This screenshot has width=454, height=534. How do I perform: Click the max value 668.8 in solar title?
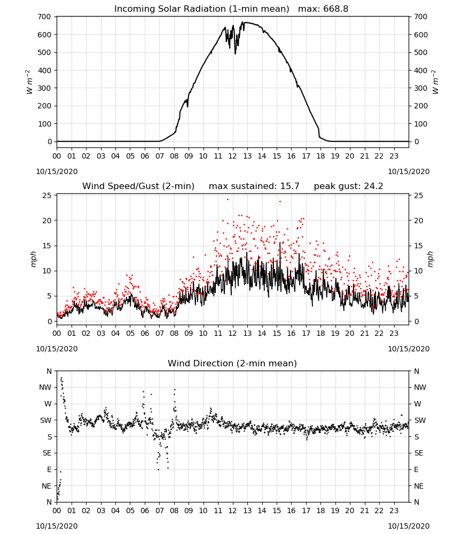335,9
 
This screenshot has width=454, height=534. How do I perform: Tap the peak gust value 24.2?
372,186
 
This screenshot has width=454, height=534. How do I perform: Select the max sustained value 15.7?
290,186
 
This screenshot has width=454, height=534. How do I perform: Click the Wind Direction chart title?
232,363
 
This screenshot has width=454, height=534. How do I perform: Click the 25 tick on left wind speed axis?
47,195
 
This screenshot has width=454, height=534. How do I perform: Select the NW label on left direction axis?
45,388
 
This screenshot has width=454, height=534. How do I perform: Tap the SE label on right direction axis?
419,453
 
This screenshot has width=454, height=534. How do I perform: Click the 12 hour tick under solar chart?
232,156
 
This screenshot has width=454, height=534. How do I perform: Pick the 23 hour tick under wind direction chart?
394,511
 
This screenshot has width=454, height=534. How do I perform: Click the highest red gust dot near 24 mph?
228,199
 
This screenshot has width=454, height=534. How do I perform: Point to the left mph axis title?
33,259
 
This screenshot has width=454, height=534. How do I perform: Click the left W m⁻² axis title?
29,82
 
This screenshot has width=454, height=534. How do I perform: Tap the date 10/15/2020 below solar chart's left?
57,171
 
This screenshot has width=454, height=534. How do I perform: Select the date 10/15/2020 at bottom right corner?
409,526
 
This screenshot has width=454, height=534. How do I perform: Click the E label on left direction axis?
49,469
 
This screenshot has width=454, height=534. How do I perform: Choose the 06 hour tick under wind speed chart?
145,333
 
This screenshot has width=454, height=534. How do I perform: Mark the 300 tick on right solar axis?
421,88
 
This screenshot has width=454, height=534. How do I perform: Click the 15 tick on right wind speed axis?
419,246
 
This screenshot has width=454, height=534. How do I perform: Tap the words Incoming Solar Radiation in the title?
170,9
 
